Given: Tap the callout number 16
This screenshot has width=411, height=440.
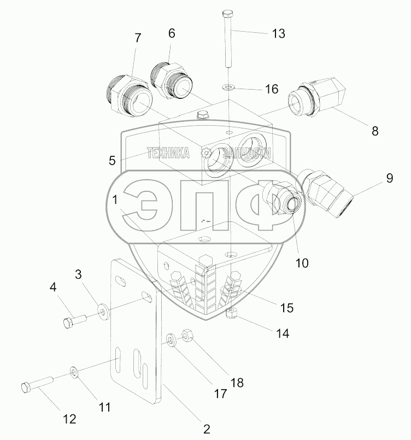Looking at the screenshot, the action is click(271, 89).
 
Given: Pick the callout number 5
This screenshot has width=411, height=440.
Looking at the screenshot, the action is click(113, 160).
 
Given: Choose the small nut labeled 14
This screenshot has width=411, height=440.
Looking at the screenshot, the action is click(231, 313).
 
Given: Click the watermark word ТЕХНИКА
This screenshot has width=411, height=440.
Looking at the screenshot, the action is click(168, 154).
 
